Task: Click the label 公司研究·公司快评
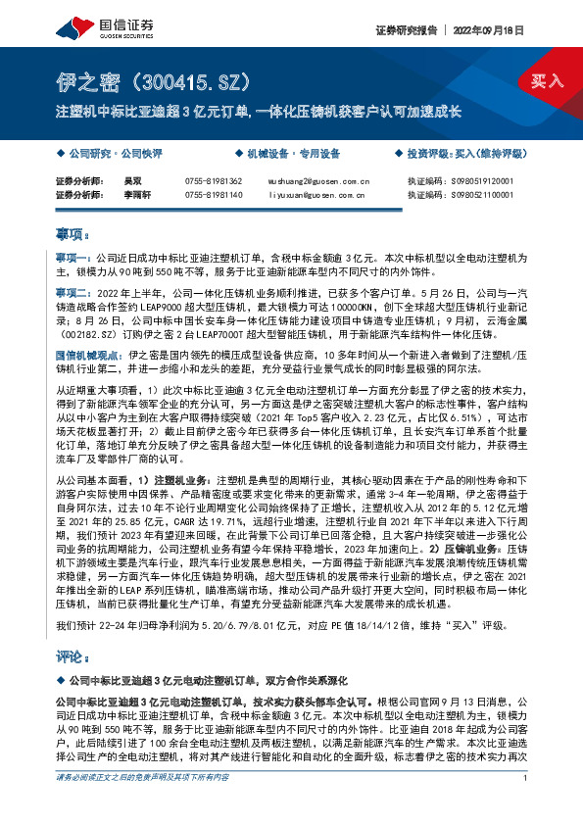(x=110, y=154)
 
